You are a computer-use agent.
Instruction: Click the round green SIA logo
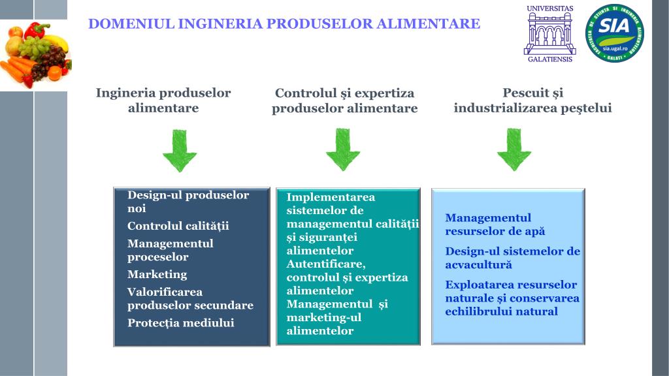[x=614, y=33]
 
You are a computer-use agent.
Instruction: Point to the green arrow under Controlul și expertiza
[x=342, y=150]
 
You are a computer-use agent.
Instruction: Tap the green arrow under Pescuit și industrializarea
[x=514, y=150]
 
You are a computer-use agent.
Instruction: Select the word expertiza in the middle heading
[x=387, y=93]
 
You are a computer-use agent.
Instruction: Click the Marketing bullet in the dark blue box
[x=157, y=274]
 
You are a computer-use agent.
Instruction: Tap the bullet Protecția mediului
[x=180, y=322]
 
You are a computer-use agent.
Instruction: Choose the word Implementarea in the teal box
[x=331, y=197]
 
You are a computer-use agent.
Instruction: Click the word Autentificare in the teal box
[x=325, y=264]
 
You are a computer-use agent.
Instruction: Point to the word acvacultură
[x=478, y=264]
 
